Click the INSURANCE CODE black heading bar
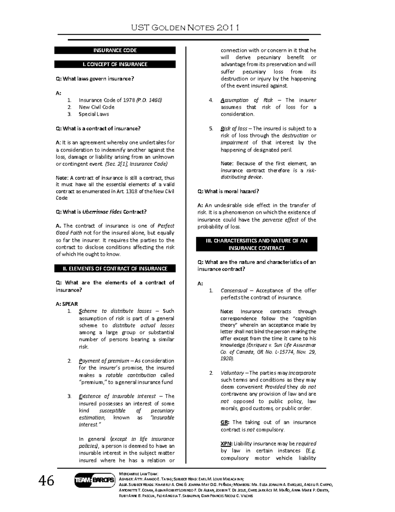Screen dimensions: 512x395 click(115, 50)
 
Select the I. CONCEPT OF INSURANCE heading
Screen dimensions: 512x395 click(115, 64)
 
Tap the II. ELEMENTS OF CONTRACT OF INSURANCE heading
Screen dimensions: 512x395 click(115, 269)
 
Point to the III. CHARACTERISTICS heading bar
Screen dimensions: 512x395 click(256, 244)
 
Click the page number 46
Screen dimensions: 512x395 click(46, 481)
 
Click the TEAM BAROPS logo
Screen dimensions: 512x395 click(94, 480)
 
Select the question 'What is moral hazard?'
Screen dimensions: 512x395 click(228, 191)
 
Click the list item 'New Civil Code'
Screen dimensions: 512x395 click(96, 107)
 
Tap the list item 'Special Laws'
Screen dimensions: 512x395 click(93, 114)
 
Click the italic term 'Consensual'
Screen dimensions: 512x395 click(234, 290)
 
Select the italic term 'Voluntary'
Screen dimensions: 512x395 click(232, 373)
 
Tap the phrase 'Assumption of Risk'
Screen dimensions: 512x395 click(247, 100)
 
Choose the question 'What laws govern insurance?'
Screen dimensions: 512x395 click(95, 78)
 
